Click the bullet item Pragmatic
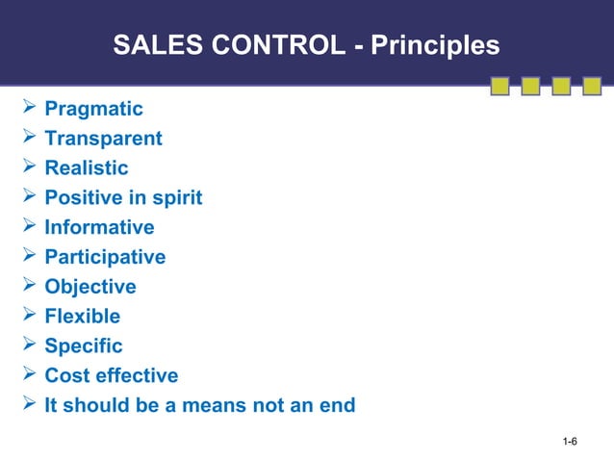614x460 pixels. click(93, 109)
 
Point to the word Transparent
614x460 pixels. click(103, 139)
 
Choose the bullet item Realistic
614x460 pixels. click(86, 168)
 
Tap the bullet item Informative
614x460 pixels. click(99, 228)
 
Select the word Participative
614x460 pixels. click(105, 258)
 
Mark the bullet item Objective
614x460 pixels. click(90, 287)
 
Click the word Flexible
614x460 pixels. click(83, 317)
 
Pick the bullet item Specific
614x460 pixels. click(84, 345)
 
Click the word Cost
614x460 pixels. click(66, 375)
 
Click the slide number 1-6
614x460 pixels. click(570, 442)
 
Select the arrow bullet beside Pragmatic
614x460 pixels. click(28, 109)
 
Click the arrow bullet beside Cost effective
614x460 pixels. click(28, 375)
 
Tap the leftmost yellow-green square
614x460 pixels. click(499, 87)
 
